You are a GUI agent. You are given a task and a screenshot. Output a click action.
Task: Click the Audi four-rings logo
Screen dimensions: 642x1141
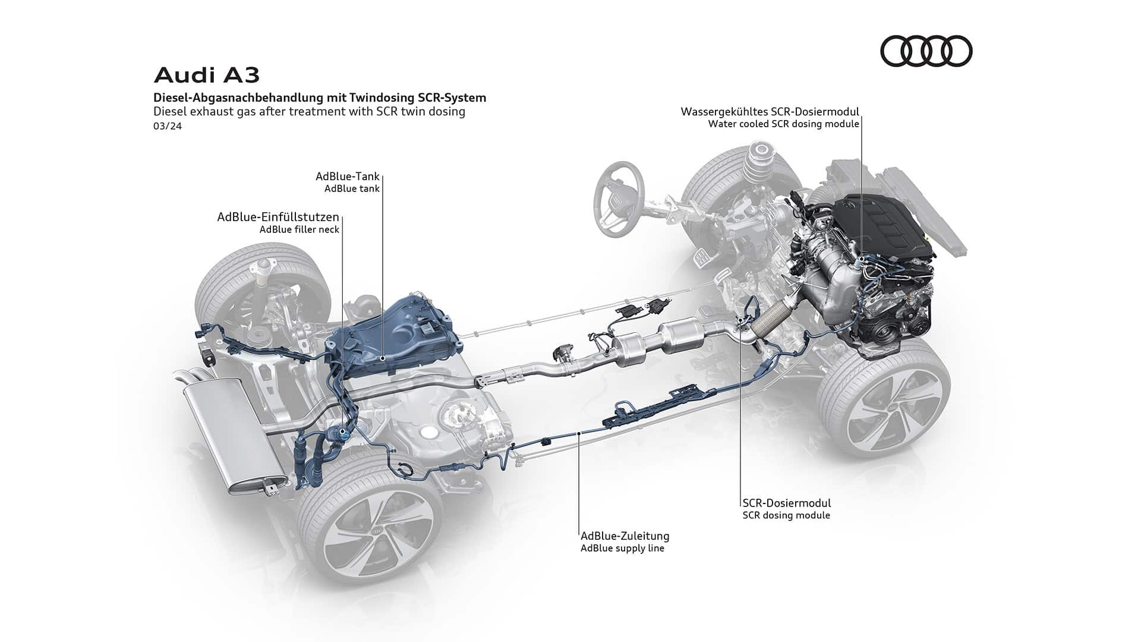pyautogui.click(x=926, y=51)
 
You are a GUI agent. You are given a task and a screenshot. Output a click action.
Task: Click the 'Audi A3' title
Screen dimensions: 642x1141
pyautogui.click(x=206, y=75)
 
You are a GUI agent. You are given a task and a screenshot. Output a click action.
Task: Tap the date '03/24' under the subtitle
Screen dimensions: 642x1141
pyautogui.click(x=167, y=126)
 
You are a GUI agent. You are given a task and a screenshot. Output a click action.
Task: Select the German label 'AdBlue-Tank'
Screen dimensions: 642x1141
pyautogui.click(x=347, y=177)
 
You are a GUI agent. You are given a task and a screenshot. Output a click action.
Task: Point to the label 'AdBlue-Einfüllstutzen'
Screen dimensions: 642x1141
pyautogui.click(x=278, y=217)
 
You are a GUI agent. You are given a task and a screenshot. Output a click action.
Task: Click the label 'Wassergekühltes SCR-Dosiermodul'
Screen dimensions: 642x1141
pyautogui.click(x=770, y=112)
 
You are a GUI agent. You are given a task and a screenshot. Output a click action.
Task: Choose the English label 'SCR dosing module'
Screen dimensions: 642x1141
pyautogui.click(x=786, y=515)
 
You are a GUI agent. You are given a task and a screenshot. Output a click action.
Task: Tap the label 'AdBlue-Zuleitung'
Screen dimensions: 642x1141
pyautogui.click(x=625, y=536)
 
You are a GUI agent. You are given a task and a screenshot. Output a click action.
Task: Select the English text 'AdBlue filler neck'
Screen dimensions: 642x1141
pyautogui.click(x=299, y=229)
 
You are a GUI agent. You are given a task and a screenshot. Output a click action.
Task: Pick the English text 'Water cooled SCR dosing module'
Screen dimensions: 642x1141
pyautogui.click(x=783, y=124)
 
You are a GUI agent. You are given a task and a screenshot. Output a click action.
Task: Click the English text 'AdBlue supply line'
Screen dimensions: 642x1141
pyautogui.click(x=622, y=548)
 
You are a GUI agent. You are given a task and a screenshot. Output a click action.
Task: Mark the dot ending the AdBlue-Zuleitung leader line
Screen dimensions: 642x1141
pyautogui.click(x=579, y=435)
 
